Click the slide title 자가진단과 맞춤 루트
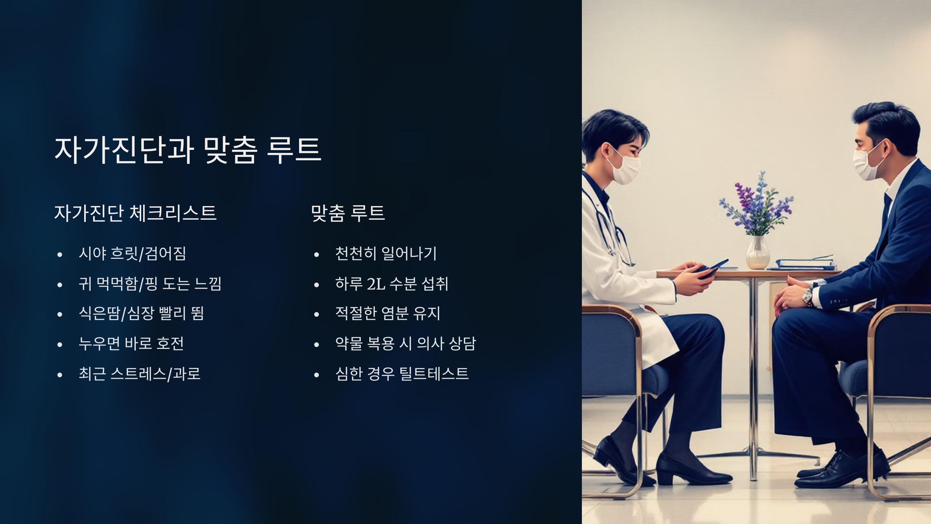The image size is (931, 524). (187, 150)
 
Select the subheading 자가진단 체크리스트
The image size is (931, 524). (135, 213)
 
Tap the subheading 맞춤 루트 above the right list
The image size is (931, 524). (348, 213)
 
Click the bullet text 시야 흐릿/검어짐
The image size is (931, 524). (132, 254)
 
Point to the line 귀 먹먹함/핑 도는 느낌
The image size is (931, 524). (150, 284)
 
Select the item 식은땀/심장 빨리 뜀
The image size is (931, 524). (141, 314)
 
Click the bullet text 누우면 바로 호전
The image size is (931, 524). (131, 344)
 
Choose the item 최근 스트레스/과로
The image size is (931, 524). (139, 374)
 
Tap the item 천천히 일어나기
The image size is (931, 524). (386, 254)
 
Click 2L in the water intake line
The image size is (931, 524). (376, 284)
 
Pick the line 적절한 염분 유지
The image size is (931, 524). (388, 314)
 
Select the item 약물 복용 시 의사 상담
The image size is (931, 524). (405, 344)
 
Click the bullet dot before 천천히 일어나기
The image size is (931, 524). (317, 255)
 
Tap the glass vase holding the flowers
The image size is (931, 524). (757, 253)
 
